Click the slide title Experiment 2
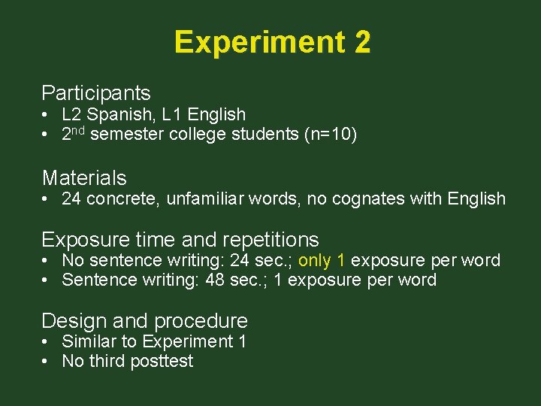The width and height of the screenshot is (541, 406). [272, 42]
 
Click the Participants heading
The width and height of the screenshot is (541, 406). [96, 93]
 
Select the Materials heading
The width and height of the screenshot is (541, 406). [84, 178]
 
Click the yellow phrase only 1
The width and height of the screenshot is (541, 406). [322, 261]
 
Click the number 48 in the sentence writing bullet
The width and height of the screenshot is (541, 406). [226, 280]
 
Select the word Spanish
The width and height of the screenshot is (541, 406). [113, 115]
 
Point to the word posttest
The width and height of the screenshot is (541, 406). [162, 362]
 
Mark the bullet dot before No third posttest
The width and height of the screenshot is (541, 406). [46, 362]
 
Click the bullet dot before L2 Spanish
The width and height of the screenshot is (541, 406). [46, 115]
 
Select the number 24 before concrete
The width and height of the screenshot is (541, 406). [71, 199]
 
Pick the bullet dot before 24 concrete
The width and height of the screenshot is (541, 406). [46, 199]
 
